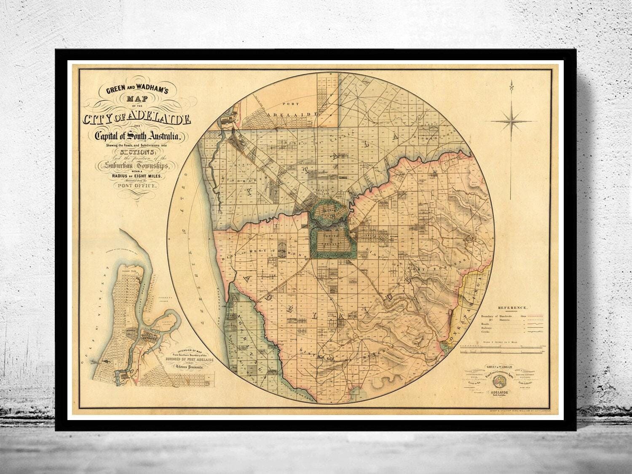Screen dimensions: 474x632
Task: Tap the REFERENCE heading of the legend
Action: pos(509,308)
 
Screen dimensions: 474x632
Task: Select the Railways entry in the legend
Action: pos(486,328)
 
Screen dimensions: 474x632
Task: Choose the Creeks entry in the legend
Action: pos(485,332)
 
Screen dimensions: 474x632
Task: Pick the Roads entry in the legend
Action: pos(485,324)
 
